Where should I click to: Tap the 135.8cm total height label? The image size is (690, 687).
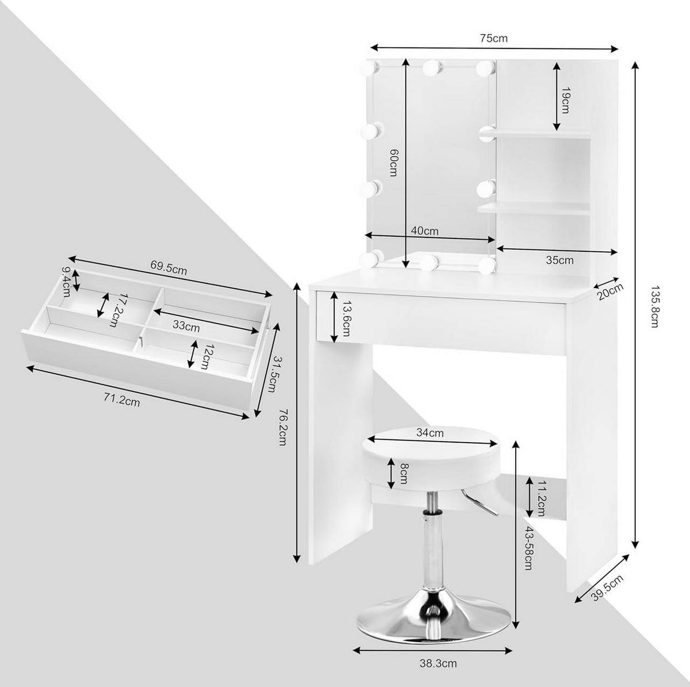pyautogui.click(x=654, y=307)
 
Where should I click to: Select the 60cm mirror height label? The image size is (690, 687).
pyautogui.click(x=393, y=163)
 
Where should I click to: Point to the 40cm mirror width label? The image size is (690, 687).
pyautogui.click(x=425, y=231)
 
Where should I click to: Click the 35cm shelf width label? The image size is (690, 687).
pyautogui.click(x=559, y=260)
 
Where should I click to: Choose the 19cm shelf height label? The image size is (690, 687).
pyautogui.click(x=565, y=100)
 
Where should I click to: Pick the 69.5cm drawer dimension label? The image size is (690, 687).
pyautogui.click(x=168, y=268)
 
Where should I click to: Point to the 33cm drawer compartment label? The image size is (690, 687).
pyautogui.click(x=186, y=326)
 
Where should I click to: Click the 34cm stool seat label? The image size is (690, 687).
pyautogui.click(x=430, y=432)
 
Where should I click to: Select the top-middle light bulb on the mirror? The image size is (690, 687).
pyautogui.click(x=432, y=67)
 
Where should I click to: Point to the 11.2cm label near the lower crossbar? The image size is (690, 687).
pyautogui.click(x=540, y=498)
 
